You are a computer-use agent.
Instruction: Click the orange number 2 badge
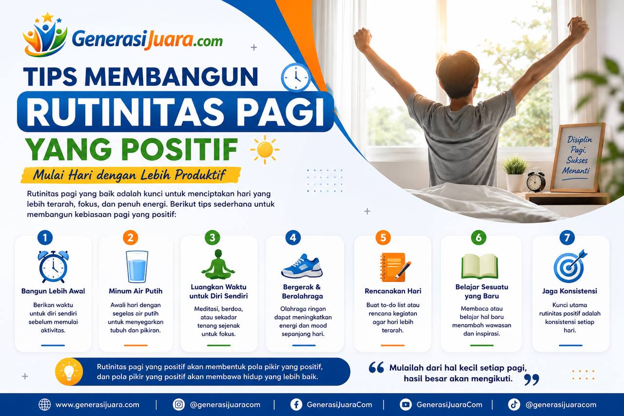click(x=130, y=238)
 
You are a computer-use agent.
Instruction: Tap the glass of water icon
click(x=136, y=267)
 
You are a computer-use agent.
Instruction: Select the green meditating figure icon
click(x=218, y=264)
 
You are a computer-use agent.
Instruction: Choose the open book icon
click(x=479, y=266)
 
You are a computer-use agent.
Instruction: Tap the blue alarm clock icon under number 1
click(x=53, y=267)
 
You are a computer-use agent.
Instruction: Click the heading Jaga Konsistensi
click(x=570, y=291)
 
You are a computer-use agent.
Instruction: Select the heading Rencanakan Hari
click(x=393, y=291)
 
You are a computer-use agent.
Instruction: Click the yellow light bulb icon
click(x=69, y=372)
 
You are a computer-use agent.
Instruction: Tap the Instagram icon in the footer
click(x=178, y=405)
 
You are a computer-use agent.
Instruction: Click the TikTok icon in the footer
click(x=514, y=405)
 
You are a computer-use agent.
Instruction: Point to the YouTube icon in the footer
click(x=406, y=405)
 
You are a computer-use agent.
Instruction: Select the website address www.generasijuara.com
click(x=97, y=405)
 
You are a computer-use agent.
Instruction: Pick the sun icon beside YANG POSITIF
click(x=265, y=150)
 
